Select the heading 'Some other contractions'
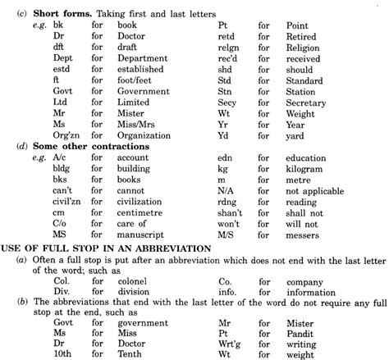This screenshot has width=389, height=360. [x=83, y=146]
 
